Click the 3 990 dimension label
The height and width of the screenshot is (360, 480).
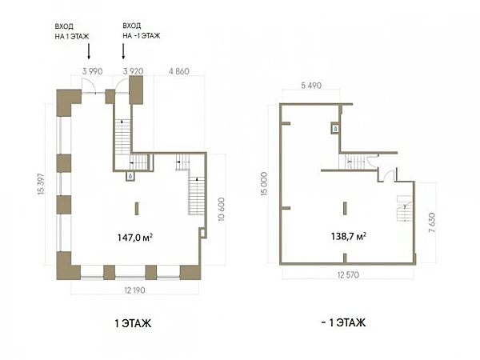pyautogui.click(x=92, y=71)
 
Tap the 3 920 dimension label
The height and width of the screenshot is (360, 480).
pyautogui.click(x=133, y=71)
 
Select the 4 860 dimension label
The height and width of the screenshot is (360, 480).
pyautogui.click(x=179, y=71)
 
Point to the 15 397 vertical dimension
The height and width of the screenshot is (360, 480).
pyautogui.click(x=41, y=184)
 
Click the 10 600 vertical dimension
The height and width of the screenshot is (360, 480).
pyautogui.click(x=222, y=209)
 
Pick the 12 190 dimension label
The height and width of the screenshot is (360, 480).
pyautogui.click(x=134, y=290)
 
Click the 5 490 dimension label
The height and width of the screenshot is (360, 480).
pyautogui.click(x=311, y=86)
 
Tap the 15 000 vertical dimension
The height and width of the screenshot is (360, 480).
pyautogui.click(x=263, y=183)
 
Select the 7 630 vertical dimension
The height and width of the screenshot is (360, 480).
pyautogui.click(x=432, y=222)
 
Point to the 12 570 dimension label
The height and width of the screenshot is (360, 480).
pyautogui.click(x=348, y=275)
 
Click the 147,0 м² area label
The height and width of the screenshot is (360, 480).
pyautogui.click(x=135, y=238)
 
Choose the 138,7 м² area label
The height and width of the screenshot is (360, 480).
pyautogui.click(x=349, y=236)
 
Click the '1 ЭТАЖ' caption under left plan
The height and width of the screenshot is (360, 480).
pyautogui.click(x=133, y=323)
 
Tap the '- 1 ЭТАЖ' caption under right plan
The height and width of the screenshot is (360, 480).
pyautogui.click(x=343, y=322)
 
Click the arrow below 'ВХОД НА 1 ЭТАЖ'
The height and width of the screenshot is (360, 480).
pyautogui.click(x=89, y=51)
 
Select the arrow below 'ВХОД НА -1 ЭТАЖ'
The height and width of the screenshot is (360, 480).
pyautogui.click(x=123, y=51)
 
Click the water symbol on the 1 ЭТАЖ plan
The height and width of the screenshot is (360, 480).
pyautogui.click(x=130, y=176)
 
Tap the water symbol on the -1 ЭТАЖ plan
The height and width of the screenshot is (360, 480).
pyautogui.click(x=335, y=129)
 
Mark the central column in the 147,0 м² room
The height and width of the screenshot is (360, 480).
pyautogui.click(x=137, y=209)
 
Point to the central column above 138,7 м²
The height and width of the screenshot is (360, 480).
pyautogui.click(x=345, y=209)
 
